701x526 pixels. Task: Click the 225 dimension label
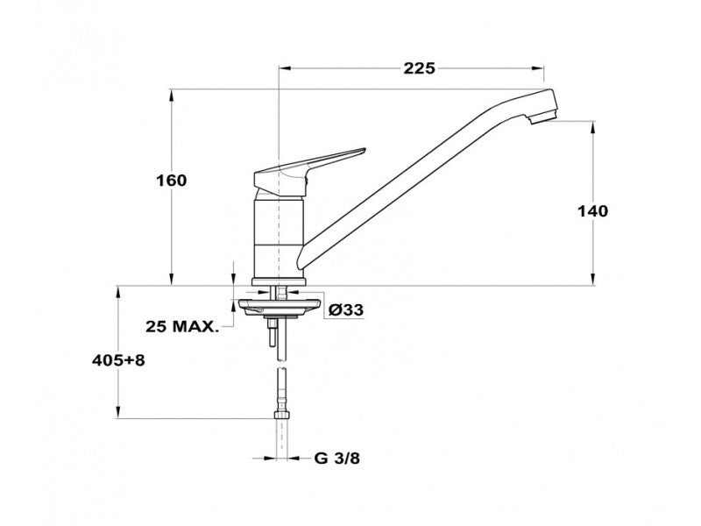click(419, 68)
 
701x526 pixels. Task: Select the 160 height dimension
click(171, 181)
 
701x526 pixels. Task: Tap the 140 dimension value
click(593, 211)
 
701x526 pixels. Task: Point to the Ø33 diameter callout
click(345, 309)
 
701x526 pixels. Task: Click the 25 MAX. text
click(182, 326)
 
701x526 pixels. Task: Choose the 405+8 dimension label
click(118, 360)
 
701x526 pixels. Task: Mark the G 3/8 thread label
click(336, 458)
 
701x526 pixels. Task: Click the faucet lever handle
click(309, 172)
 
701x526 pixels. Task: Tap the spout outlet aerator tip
click(542, 118)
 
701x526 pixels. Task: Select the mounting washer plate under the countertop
click(280, 306)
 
